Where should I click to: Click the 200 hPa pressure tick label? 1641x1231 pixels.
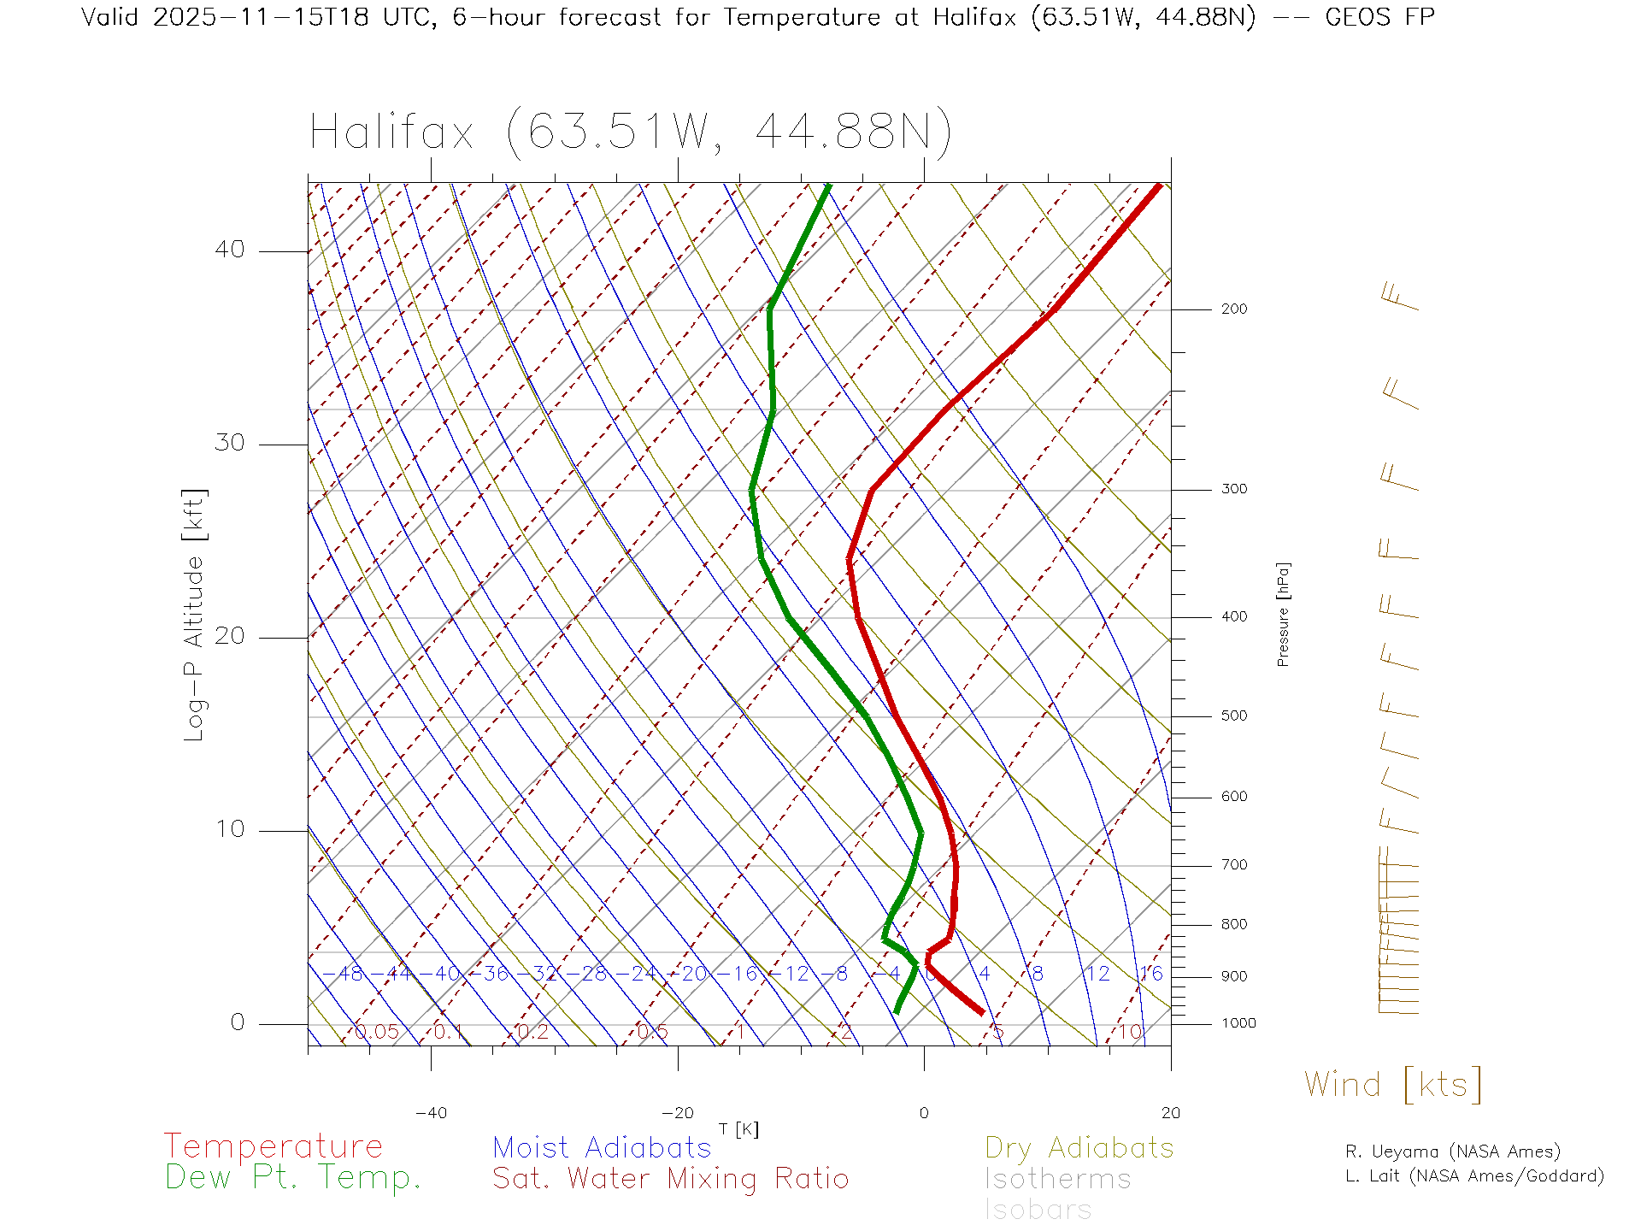pyautogui.click(x=1233, y=309)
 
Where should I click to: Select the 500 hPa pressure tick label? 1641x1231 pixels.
pyautogui.click(x=1233, y=716)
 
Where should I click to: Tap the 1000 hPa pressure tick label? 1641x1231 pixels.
pyautogui.click(x=1238, y=1023)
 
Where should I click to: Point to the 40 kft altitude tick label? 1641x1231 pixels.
pyautogui.click(x=229, y=250)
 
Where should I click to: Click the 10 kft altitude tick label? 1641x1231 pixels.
pyautogui.click(x=229, y=828)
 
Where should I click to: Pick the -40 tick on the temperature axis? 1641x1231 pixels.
pyautogui.click(x=431, y=1113)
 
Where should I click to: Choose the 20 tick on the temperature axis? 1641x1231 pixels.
pyautogui.click(x=1170, y=1113)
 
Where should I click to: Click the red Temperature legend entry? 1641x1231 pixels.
pyautogui.click(x=273, y=1146)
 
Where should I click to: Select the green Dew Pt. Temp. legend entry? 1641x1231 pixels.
pyautogui.click(x=293, y=1178)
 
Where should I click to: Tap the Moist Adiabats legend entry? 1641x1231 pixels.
pyautogui.click(x=602, y=1147)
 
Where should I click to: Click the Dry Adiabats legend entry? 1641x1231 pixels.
pyautogui.click(x=1079, y=1147)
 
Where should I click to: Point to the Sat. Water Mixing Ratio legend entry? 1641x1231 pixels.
pyautogui.click(x=670, y=1179)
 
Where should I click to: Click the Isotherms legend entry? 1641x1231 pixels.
pyautogui.click(x=1057, y=1179)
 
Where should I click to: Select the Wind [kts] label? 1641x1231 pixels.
pyautogui.click(x=1392, y=1085)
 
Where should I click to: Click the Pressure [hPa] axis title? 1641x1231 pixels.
pyautogui.click(x=1283, y=614)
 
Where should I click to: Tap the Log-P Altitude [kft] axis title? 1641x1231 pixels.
pyautogui.click(x=195, y=615)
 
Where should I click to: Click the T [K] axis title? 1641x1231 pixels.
pyautogui.click(x=738, y=1129)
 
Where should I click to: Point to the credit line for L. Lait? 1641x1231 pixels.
pyautogui.click(x=1474, y=1176)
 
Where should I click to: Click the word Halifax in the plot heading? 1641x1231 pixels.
pyautogui.click(x=391, y=133)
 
